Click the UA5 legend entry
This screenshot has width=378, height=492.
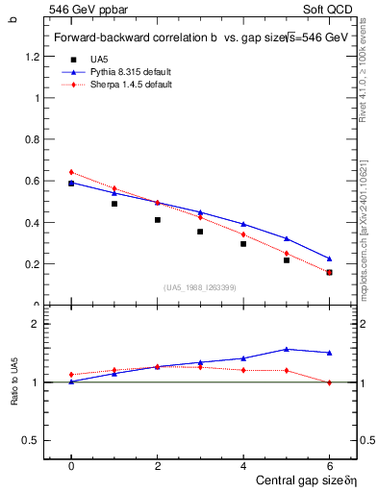100,59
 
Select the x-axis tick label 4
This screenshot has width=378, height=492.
243,466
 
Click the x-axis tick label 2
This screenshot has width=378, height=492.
157,466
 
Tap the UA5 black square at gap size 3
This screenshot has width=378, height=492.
200,232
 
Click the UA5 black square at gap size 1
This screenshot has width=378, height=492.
114,204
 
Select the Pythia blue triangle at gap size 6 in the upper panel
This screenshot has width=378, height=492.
329,258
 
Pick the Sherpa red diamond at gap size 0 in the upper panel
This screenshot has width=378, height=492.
71,172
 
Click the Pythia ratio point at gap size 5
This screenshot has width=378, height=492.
287,349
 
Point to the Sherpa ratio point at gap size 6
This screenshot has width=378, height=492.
329,382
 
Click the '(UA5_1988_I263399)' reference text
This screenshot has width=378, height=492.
199,287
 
